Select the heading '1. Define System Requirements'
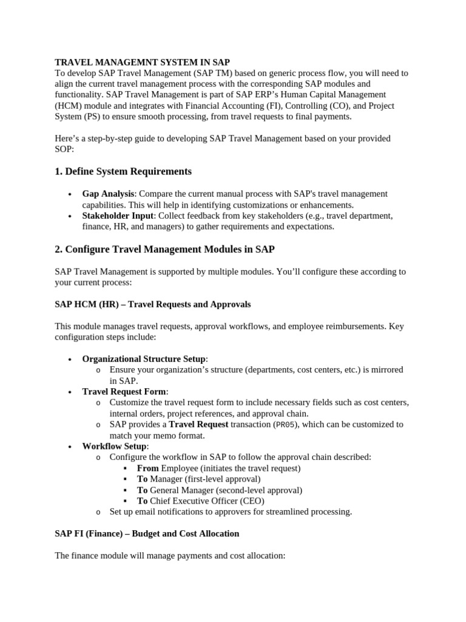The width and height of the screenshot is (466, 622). tap(123, 171)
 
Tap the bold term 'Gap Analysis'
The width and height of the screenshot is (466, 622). tap(107, 194)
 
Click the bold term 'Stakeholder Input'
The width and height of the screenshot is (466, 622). tap(118, 216)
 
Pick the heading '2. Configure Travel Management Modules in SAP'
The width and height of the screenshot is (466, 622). tap(164, 249)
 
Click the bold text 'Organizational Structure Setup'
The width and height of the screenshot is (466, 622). tap(144, 359)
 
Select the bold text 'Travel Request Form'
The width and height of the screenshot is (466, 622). tap(124, 392)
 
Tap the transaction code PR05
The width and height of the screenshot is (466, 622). tap(288, 425)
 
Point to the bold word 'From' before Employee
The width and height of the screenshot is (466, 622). tap(147, 468)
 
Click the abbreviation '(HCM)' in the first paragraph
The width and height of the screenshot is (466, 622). tap(68, 106)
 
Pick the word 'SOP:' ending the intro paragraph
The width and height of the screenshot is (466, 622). tap(64, 149)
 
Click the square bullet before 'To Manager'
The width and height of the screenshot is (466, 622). tap(125, 479)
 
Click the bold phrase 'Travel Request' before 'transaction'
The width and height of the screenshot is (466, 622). tap(198, 425)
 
